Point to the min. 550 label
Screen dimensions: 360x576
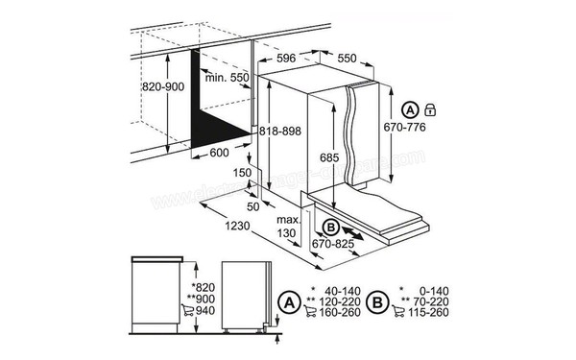pyautogui.click(x=227, y=76)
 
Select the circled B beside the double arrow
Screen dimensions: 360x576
pyautogui.click(x=331, y=228)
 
